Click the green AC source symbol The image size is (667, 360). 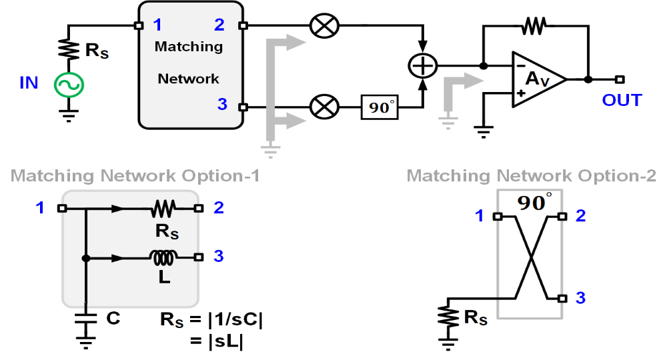68,84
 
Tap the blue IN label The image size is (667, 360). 29,83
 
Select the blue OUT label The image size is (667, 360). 621,101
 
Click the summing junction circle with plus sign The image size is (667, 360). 422,66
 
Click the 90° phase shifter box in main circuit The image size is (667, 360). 380,107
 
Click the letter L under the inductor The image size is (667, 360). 163,277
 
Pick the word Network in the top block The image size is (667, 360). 188,79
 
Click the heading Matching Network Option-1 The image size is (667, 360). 135,176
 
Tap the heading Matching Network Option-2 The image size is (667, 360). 532,176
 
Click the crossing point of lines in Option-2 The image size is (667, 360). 531,257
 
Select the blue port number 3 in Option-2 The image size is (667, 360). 580,297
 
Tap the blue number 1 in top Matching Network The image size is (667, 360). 157,25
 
